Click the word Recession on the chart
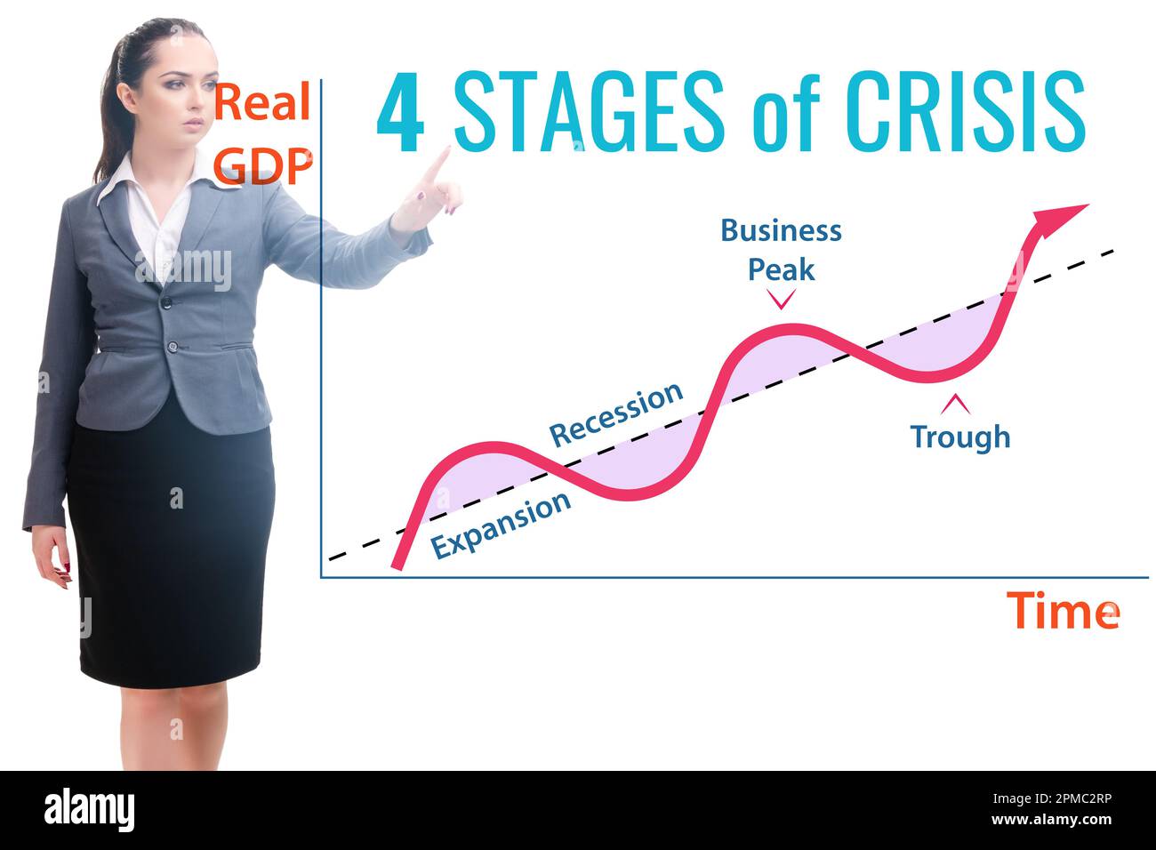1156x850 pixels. tap(616, 414)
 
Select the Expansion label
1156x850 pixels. tap(501, 525)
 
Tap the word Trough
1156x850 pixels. tap(959, 437)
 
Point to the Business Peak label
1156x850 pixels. tap(781, 249)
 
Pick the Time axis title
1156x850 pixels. tap(1063, 611)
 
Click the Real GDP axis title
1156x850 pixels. tap(264, 133)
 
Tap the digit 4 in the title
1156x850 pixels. tap(399, 114)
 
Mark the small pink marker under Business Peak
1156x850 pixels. tap(781, 299)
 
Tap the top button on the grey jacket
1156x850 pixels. tap(165, 302)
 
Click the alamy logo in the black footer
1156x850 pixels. tap(89, 811)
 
